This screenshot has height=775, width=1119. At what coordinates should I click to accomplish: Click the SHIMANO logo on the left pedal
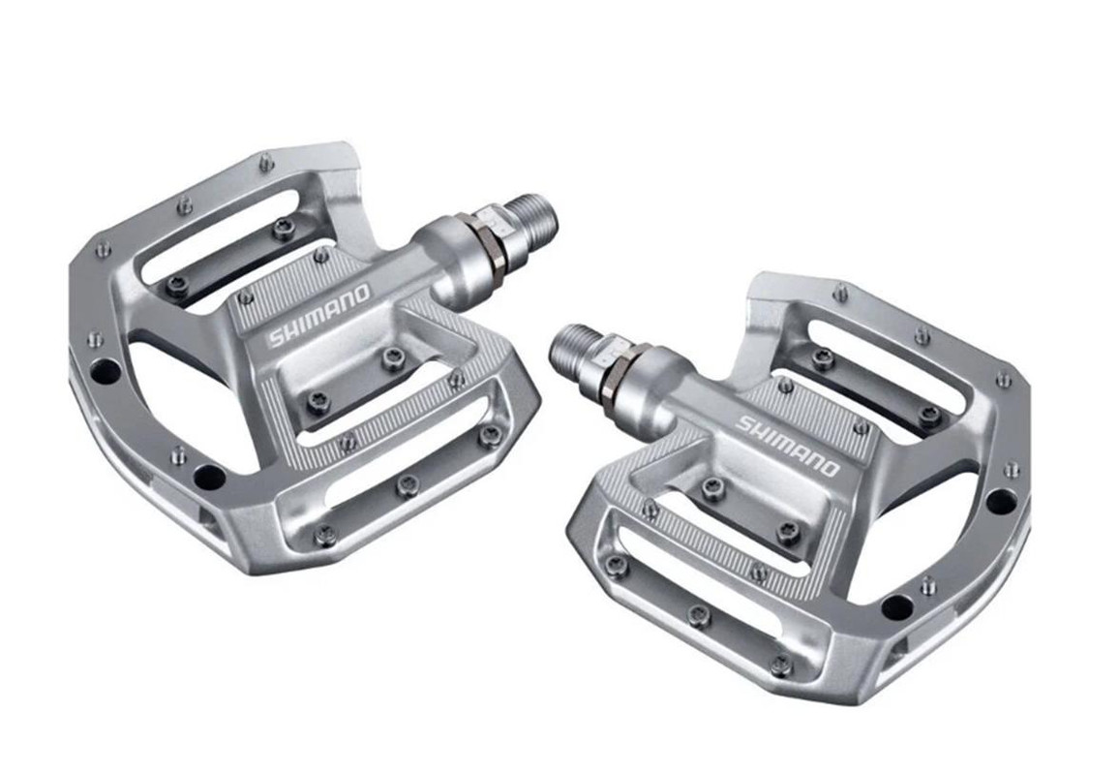click(x=319, y=314)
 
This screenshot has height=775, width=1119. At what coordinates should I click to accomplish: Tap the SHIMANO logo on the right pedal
click(x=787, y=445)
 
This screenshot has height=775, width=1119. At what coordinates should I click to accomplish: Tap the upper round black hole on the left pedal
click(x=106, y=371)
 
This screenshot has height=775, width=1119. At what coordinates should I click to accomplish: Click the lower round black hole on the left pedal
click(x=209, y=477)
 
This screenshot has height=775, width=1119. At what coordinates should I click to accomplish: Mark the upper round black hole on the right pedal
click(x=1001, y=501)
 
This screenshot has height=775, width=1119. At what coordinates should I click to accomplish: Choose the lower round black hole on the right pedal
click(x=897, y=607)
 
